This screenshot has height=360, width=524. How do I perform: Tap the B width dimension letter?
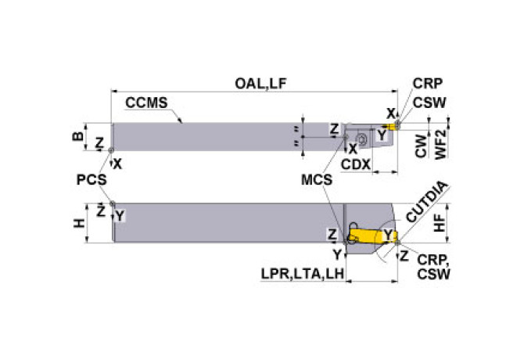click(77, 135)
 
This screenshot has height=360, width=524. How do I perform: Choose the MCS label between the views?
click(318, 180)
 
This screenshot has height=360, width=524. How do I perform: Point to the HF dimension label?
click(440, 225)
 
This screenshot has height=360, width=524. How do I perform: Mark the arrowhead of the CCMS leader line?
click(182, 122)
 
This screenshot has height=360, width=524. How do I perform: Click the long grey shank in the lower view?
click(227, 223)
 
